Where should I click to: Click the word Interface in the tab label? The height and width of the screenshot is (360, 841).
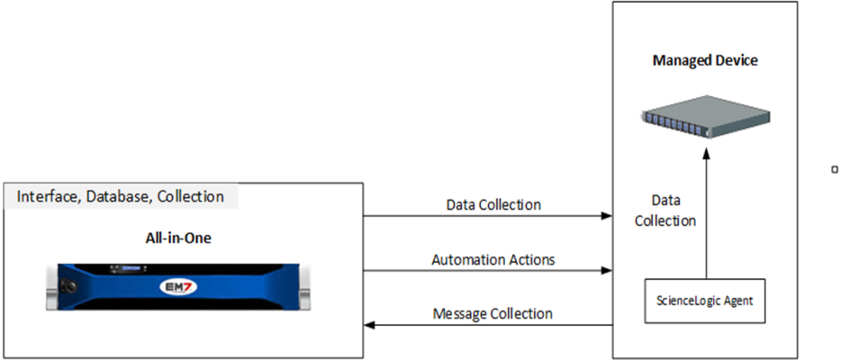49,196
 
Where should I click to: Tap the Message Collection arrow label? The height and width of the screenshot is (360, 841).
493,313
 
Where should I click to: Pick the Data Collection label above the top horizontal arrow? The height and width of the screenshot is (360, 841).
493,205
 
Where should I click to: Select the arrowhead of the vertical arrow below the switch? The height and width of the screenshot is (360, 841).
706,154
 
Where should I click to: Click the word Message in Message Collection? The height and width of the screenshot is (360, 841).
461,313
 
